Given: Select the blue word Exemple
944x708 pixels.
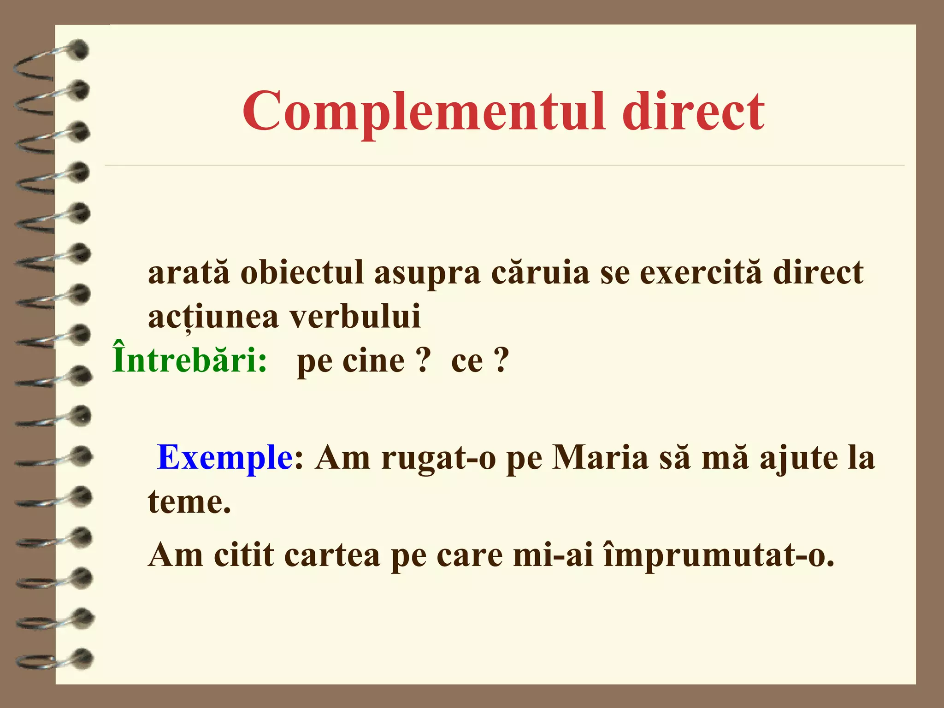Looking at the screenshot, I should click(x=224, y=458).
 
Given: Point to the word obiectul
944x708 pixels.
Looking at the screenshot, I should click(x=302, y=272).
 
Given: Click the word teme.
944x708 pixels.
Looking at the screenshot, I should click(x=189, y=502).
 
